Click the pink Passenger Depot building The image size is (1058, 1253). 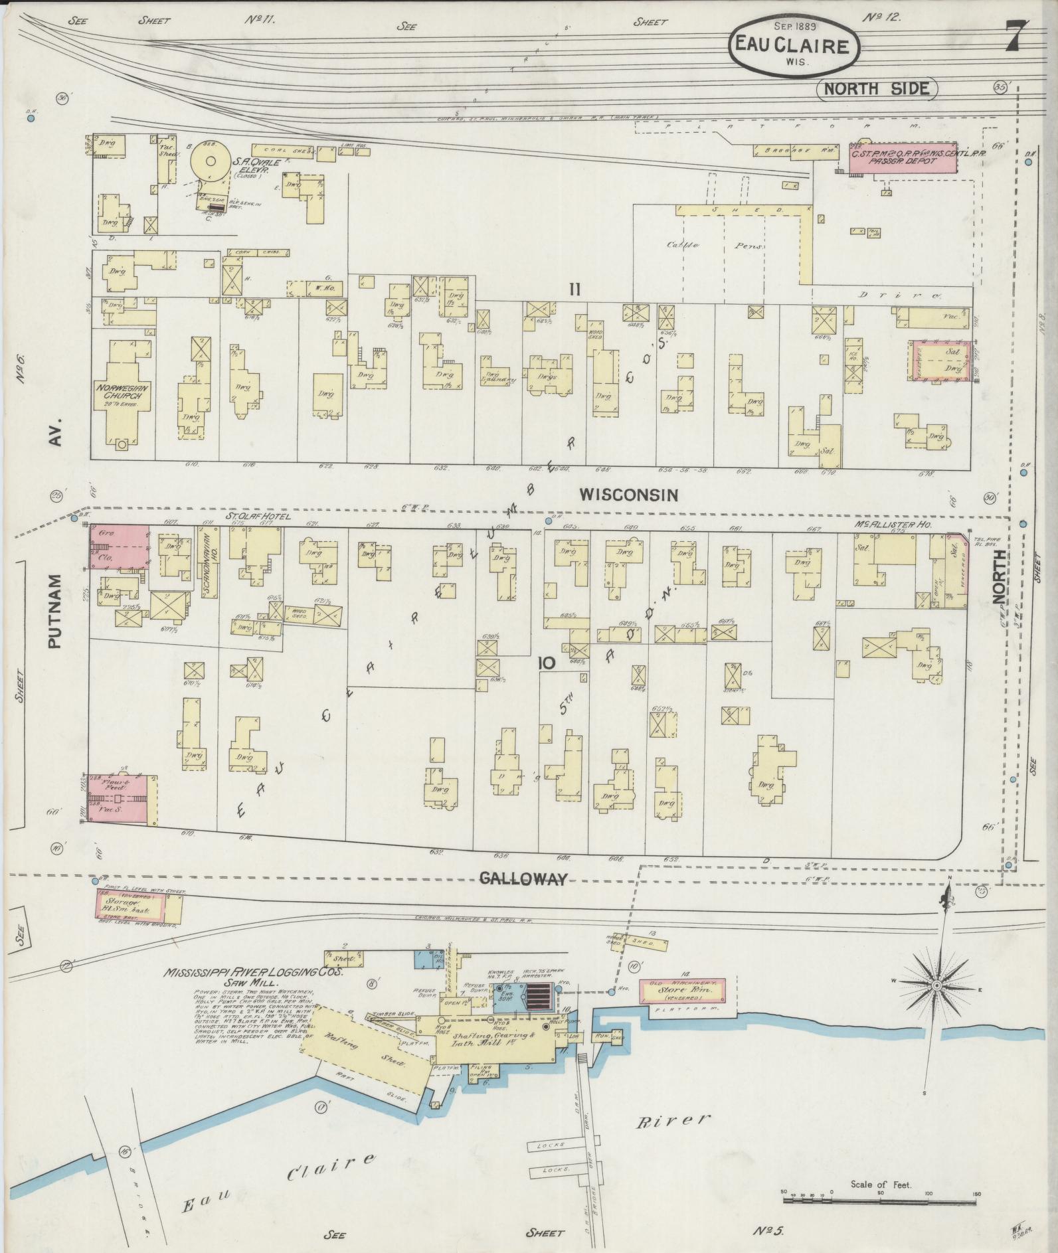click(x=905, y=160)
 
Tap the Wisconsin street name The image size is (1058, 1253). click(x=628, y=495)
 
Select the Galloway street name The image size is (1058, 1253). click(x=523, y=879)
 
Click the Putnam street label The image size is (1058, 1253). click(x=55, y=611)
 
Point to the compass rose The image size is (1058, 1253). click(x=935, y=985)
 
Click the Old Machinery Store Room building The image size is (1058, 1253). click(x=681, y=992)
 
